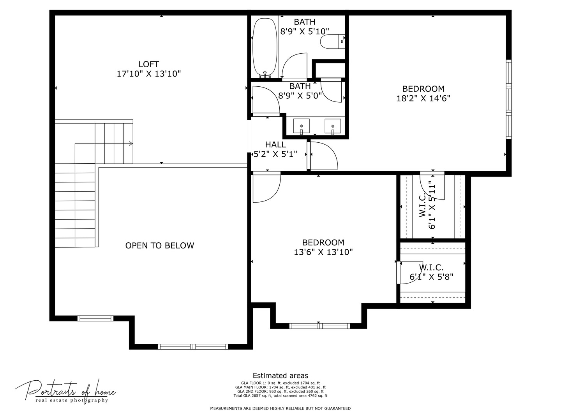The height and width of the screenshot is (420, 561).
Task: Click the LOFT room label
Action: pyautogui.click(x=148, y=64)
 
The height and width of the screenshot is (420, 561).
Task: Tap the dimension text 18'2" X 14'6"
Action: pyautogui.click(x=423, y=98)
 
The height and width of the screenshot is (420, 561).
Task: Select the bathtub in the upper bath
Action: pyautogui.click(x=265, y=48)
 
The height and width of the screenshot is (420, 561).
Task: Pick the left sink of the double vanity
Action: pyautogui.click(x=301, y=126)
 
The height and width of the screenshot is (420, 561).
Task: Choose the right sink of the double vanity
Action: pyautogui.click(x=333, y=126)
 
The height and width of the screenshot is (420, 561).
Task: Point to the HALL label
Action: pyautogui.click(x=275, y=145)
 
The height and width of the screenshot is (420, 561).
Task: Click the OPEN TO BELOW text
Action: pyautogui.click(x=159, y=245)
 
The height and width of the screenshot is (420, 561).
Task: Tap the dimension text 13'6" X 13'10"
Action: pyautogui.click(x=323, y=252)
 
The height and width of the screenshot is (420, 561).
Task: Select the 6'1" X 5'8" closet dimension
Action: pyautogui.click(x=431, y=276)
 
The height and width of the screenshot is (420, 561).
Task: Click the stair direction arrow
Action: pyautogui.click(x=131, y=143)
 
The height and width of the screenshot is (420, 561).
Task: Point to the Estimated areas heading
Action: pyautogui.click(x=280, y=375)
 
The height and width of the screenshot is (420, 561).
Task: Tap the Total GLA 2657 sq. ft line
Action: pyautogui.click(x=280, y=395)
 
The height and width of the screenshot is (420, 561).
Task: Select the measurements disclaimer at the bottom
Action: pyautogui.click(x=280, y=408)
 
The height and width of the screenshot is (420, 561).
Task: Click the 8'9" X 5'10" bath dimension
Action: pyautogui.click(x=304, y=31)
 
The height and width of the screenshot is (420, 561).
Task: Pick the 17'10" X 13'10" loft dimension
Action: pyautogui.click(x=148, y=74)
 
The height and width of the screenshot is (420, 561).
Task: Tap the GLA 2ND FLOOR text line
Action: pyautogui.click(x=280, y=392)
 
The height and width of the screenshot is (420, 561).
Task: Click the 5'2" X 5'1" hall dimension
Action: pyautogui.click(x=275, y=154)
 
